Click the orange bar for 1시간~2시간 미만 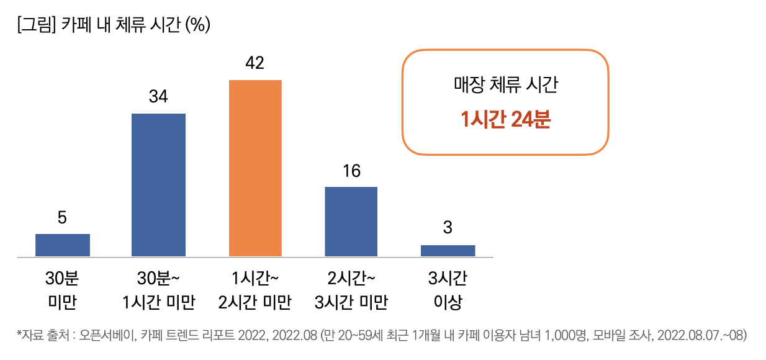coord(255,168)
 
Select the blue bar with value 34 coord(158,185)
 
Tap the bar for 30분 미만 coord(63,245)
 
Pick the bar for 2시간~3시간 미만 coord(351,222)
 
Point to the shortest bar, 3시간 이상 coord(448,251)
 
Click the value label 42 coord(255,63)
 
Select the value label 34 coord(158,97)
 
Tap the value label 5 coord(62,217)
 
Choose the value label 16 coord(351,171)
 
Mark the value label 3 coord(448,228)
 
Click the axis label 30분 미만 coord(62,290)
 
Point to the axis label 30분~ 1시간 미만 coord(159,290)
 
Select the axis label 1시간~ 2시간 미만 coord(255,290)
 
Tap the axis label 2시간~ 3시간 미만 coord(351,290)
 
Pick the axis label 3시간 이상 coord(448,290)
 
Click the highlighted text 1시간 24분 coord(505,120)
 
